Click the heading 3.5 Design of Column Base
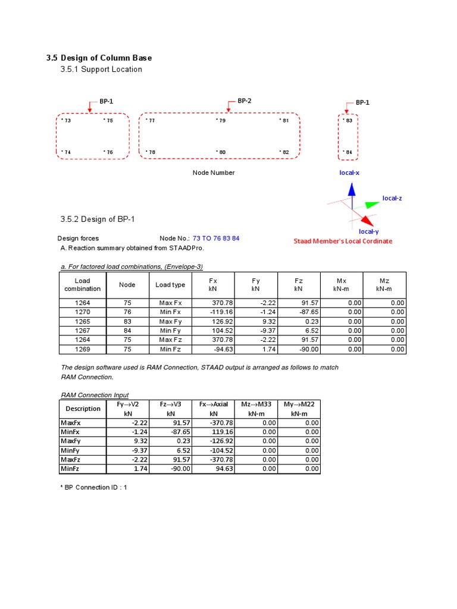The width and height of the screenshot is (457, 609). (x=99, y=58)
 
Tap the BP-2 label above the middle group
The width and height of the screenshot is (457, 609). (x=244, y=101)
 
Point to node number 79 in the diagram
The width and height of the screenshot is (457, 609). (x=221, y=121)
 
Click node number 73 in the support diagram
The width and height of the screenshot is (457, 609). (x=67, y=121)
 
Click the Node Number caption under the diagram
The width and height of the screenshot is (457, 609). (x=213, y=172)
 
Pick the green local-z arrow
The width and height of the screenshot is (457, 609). (x=371, y=205)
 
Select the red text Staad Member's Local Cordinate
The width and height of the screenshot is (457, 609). (x=343, y=241)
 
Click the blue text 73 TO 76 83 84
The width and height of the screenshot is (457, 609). (x=216, y=238)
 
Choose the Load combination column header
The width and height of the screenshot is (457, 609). (x=82, y=285)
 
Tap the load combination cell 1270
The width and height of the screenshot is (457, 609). (x=82, y=312)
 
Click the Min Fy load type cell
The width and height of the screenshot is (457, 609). (x=170, y=331)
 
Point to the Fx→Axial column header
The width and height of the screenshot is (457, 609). (x=213, y=409)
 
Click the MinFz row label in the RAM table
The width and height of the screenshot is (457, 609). (x=70, y=469)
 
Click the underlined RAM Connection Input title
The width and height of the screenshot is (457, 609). (x=95, y=395)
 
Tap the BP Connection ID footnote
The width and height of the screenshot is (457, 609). (x=94, y=487)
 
